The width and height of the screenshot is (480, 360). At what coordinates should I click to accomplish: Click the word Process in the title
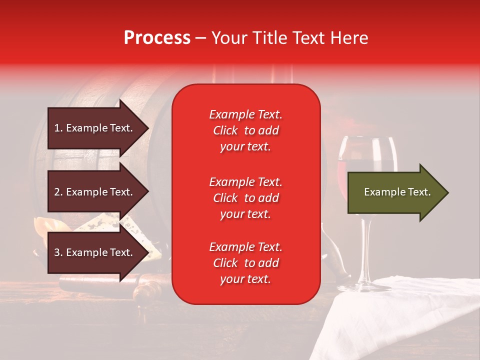[x=157, y=38]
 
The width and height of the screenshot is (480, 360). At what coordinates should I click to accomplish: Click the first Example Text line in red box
[x=245, y=114]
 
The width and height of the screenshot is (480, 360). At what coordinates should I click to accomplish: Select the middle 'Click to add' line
[x=245, y=198]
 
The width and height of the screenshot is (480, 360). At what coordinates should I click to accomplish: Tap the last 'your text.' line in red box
[x=245, y=279]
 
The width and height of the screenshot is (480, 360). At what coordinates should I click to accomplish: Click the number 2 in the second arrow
[x=56, y=192]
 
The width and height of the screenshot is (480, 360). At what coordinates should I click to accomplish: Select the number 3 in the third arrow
[x=56, y=252]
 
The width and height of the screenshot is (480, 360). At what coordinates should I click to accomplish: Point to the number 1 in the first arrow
[x=56, y=128]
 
